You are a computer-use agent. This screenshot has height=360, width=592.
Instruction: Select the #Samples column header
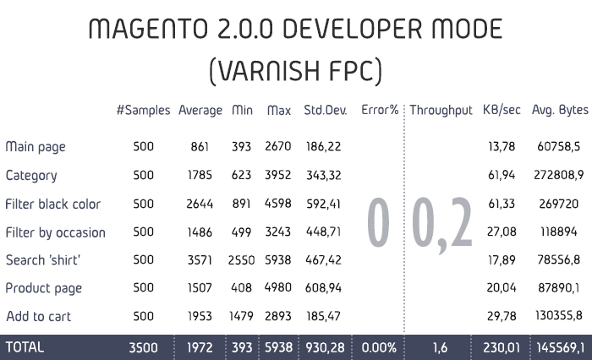point(144,110)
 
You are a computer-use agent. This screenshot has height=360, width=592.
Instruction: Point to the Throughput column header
point(441,110)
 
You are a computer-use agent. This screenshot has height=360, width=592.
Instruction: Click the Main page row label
point(36,147)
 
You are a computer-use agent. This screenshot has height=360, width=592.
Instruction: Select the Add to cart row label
point(38,316)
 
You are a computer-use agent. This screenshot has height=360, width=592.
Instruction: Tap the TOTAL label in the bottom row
point(25,346)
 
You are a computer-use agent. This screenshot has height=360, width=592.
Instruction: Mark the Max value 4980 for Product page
point(278,288)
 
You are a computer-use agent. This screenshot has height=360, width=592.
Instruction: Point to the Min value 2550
point(241,259)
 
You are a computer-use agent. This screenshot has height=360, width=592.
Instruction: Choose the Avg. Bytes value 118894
point(559,232)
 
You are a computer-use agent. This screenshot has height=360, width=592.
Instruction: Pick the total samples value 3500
point(143,346)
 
